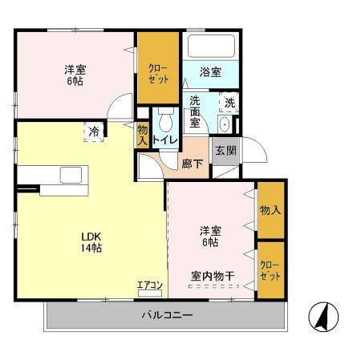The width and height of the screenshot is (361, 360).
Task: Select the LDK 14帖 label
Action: [90, 242]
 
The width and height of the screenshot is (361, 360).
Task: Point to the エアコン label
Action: [149, 285]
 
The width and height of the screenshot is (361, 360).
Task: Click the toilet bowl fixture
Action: [166, 122]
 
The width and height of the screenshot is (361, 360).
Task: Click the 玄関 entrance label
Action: [224, 150]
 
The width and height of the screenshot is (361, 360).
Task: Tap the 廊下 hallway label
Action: [193, 163]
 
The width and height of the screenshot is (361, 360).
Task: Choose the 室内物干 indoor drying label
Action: [213, 277]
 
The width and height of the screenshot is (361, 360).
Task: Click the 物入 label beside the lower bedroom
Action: [270, 210]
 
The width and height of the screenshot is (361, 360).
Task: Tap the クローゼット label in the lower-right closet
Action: [270, 270]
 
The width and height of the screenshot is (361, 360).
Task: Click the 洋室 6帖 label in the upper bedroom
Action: [75, 75]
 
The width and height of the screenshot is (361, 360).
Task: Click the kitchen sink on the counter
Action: [68, 175]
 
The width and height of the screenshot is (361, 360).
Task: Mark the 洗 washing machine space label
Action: [229, 102]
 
